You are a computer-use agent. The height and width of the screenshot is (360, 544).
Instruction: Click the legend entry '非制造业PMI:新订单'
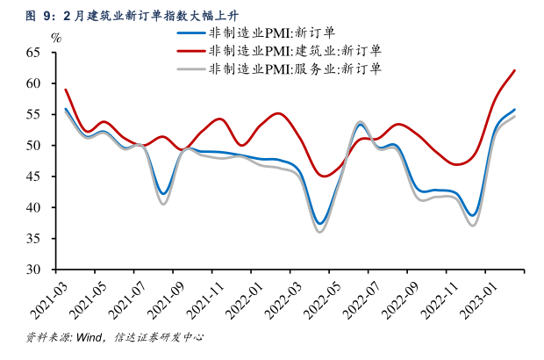coord(273,32)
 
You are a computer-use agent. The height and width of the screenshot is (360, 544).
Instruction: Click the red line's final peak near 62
coord(514,70)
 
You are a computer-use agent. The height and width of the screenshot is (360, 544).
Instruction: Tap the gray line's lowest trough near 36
coord(320,232)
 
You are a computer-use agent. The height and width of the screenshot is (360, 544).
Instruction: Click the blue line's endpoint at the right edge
coord(514,110)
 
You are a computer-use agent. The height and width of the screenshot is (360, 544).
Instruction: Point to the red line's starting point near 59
coord(66,90)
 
